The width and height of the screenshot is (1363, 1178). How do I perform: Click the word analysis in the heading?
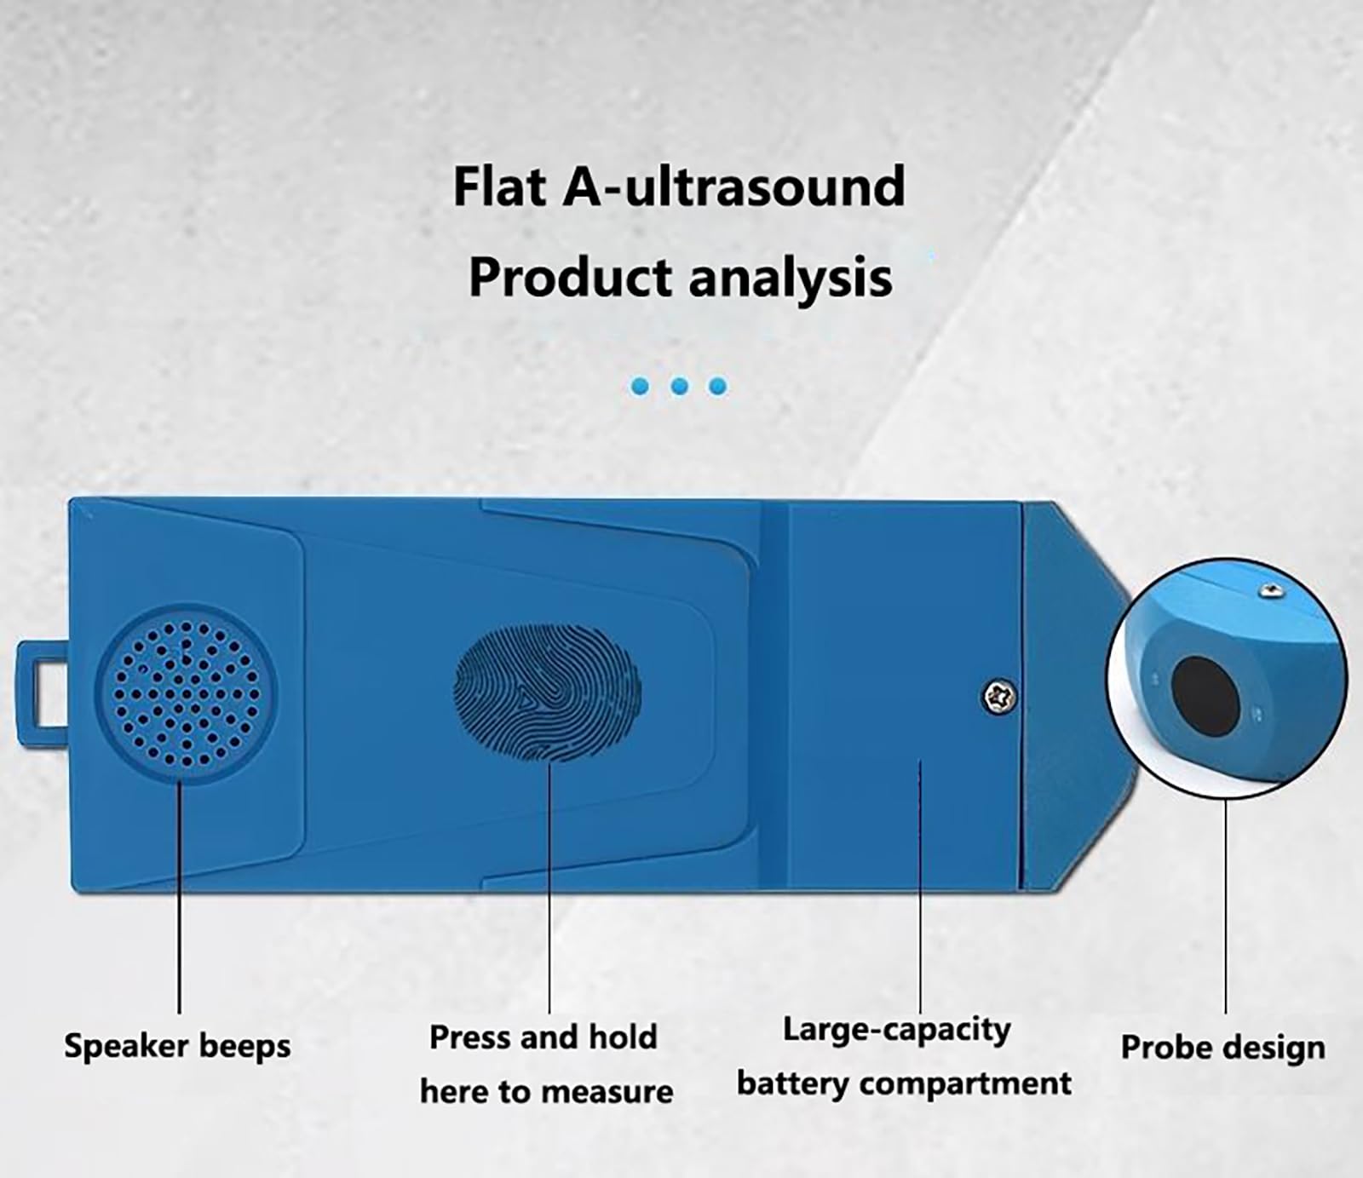tap(791, 278)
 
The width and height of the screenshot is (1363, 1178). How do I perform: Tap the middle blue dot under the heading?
tap(679, 387)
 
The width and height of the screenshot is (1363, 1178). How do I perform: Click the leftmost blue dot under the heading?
tap(640, 387)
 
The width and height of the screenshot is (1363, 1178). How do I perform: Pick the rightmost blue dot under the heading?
tap(718, 387)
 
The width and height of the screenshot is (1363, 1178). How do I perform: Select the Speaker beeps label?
tap(177, 1047)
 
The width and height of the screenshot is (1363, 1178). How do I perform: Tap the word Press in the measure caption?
tap(469, 1037)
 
